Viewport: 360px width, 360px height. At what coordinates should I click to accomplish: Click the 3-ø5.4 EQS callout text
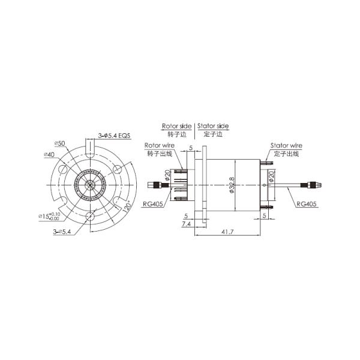click(x=114, y=136)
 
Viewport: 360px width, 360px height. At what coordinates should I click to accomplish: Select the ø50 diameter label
click(x=59, y=143)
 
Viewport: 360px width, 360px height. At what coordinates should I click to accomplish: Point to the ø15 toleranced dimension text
click(x=49, y=215)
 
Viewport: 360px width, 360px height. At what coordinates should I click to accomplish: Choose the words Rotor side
click(x=176, y=127)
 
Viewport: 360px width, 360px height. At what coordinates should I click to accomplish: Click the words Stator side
click(x=212, y=127)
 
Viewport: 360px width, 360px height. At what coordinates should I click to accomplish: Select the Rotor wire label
click(x=159, y=146)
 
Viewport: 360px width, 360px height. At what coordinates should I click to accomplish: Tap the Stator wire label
click(x=286, y=145)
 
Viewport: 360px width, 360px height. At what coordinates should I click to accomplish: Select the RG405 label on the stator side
click(x=307, y=204)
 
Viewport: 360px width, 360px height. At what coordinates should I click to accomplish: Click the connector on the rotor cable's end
click(x=158, y=185)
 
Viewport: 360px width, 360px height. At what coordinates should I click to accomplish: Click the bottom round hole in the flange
click(x=90, y=217)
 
